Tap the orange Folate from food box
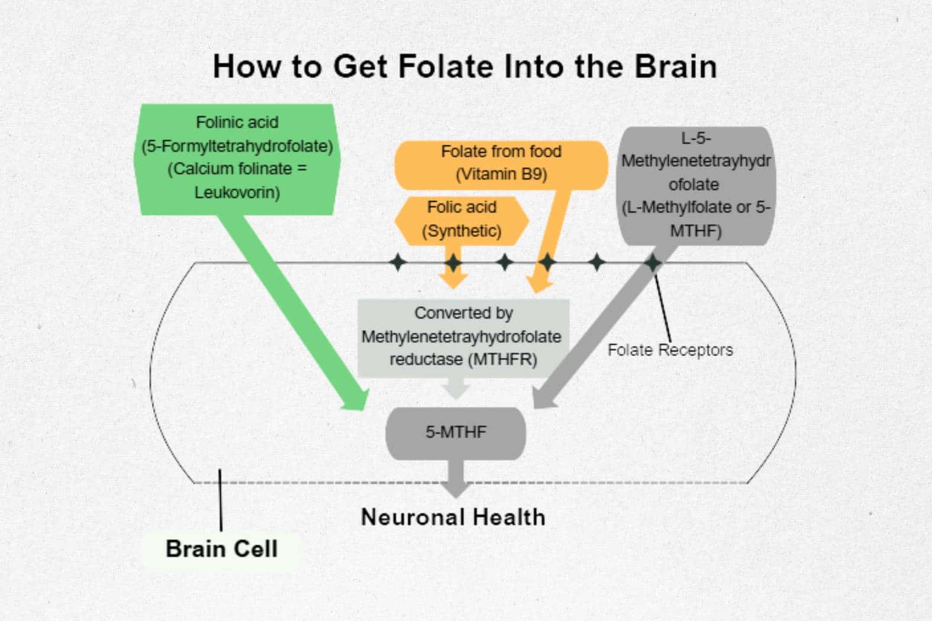click(x=501, y=163)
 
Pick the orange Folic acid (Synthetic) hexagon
click(x=462, y=219)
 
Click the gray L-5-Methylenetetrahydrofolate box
click(x=695, y=185)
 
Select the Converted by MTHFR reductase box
click(x=463, y=337)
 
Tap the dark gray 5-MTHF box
click(x=456, y=432)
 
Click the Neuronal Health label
click(x=453, y=517)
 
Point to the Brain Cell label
click(x=221, y=549)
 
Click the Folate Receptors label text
click(x=670, y=350)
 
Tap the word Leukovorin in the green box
click(x=237, y=192)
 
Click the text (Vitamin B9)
click(x=501, y=174)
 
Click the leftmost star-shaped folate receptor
click(x=398, y=262)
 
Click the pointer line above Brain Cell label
click(x=220, y=500)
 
